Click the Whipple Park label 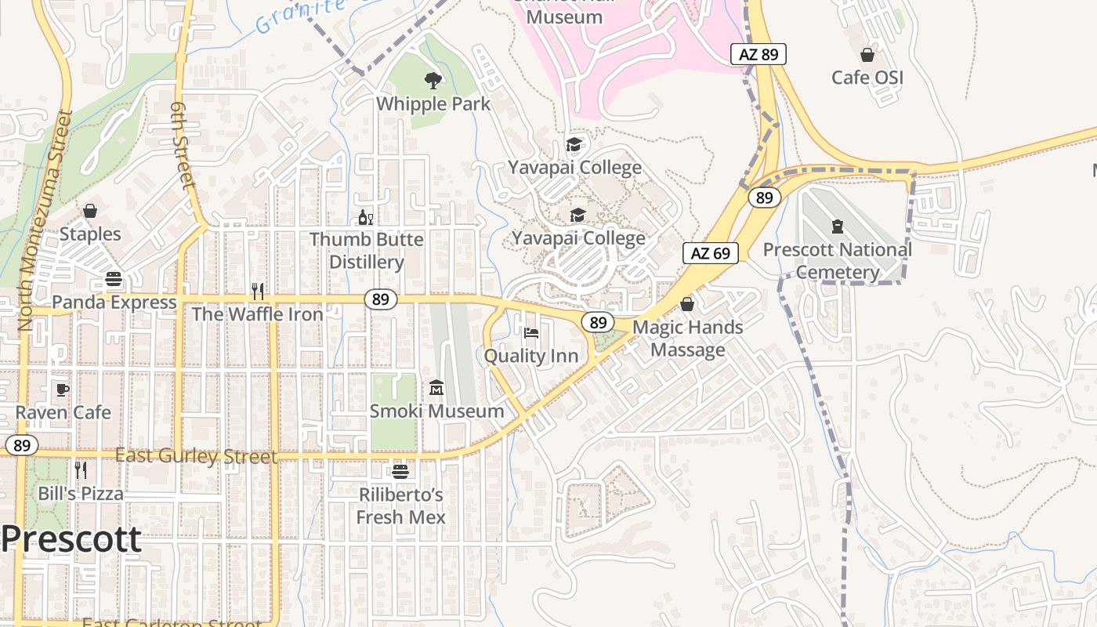(x=433, y=103)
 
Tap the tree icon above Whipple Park (x=432, y=79)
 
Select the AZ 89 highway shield (x=758, y=54)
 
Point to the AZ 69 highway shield (x=711, y=253)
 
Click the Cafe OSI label (x=867, y=78)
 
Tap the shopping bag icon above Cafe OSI (x=867, y=55)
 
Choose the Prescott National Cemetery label (x=837, y=261)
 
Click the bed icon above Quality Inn (x=531, y=332)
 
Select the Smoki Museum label (x=436, y=411)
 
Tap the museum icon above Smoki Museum (x=436, y=388)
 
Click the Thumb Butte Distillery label (x=366, y=250)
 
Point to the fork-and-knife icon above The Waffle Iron (x=257, y=292)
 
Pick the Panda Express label (x=114, y=302)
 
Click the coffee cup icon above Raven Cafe (x=63, y=390)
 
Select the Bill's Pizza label (x=81, y=494)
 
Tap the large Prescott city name (x=71, y=539)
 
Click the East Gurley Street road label (x=196, y=456)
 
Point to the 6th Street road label (x=181, y=146)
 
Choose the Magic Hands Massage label (x=687, y=338)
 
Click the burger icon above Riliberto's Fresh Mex (x=400, y=472)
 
